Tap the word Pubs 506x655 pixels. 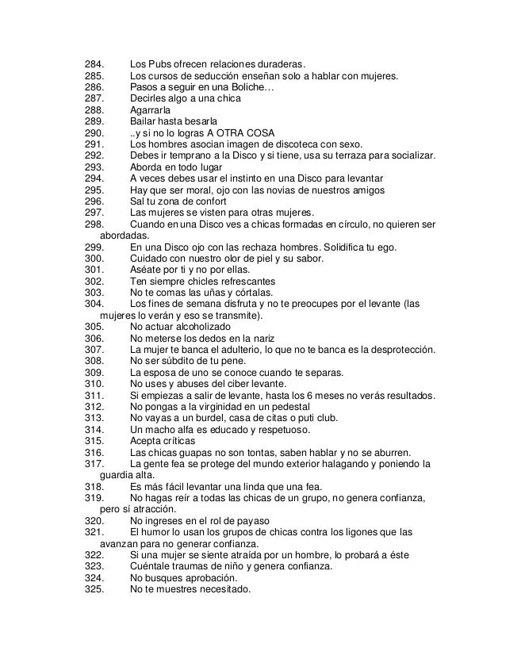162,63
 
